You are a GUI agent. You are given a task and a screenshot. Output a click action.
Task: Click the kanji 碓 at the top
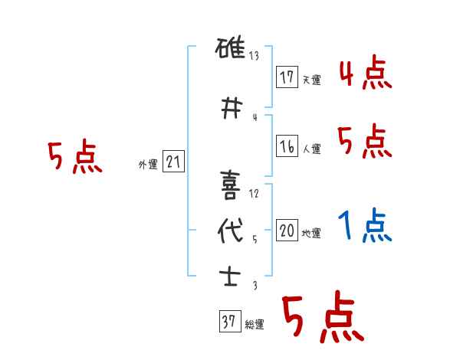pyautogui.click(x=230, y=51)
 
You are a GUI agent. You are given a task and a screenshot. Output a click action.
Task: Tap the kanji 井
pyautogui.click(x=230, y=108)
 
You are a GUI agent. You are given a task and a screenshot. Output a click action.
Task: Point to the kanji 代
pyautogui.click(x=230, y=231)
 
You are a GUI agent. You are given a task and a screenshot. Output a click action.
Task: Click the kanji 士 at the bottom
pyautogui.click(x=230, y=275)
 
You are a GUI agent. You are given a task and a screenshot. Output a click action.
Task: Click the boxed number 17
pyautogui.click(x=287, y=77)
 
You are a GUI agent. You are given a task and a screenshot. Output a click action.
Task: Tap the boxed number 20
pyautogui.click(x=287, y=231)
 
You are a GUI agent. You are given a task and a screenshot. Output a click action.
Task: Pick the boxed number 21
pyautogui.click(x=173, y=162)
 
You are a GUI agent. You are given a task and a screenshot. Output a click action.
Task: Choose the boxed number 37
pyautogui.click(x=228, y=322)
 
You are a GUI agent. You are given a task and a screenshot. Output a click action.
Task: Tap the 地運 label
pyautogui.click(x=311, y=234)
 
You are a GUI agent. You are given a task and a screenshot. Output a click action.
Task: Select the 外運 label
pyautogui.click(x=147, y=164)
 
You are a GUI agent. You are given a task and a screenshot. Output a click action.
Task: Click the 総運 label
pyautogui.click(x=255, y=325)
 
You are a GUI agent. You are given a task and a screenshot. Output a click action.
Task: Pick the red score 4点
pyautogui.click(x=365, y=74)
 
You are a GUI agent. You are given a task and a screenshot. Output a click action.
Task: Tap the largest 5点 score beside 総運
pyautogui.click(x=322, y=318)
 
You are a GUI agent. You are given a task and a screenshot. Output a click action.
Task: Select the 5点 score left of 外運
pyautogui.click(x=74, y=157)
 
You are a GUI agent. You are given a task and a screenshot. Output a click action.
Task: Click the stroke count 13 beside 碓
pyautogui.click(x=255, y=57)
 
